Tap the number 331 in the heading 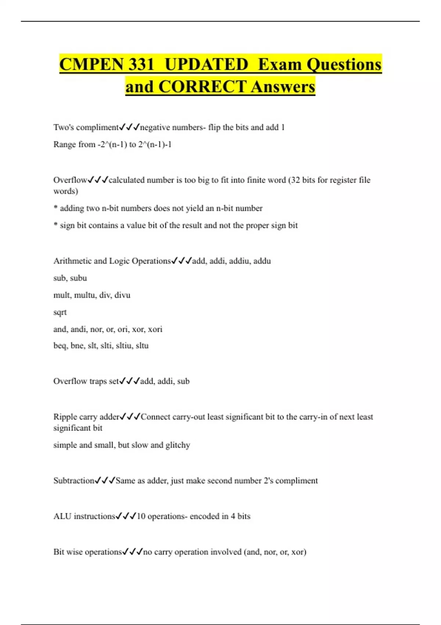141,64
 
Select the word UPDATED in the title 207,64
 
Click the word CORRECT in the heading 202,87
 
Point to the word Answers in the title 283,87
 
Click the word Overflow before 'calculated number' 70,180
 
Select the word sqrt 60,312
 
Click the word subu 78,278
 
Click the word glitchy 178,445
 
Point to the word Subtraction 74,481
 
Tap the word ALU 62,516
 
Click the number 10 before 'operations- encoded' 141,516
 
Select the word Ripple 65,417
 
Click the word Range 64,144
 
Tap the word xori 155,329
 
